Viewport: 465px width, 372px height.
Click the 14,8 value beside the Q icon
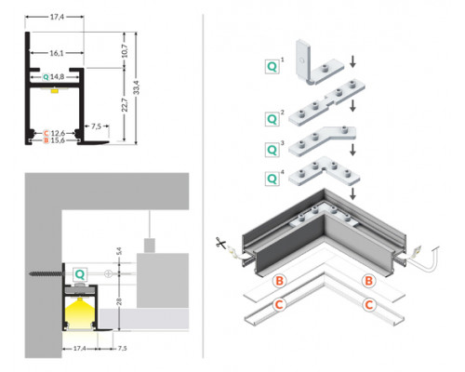click(x=58, y=76)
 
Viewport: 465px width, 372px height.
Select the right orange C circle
click(x=368, y=303)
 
